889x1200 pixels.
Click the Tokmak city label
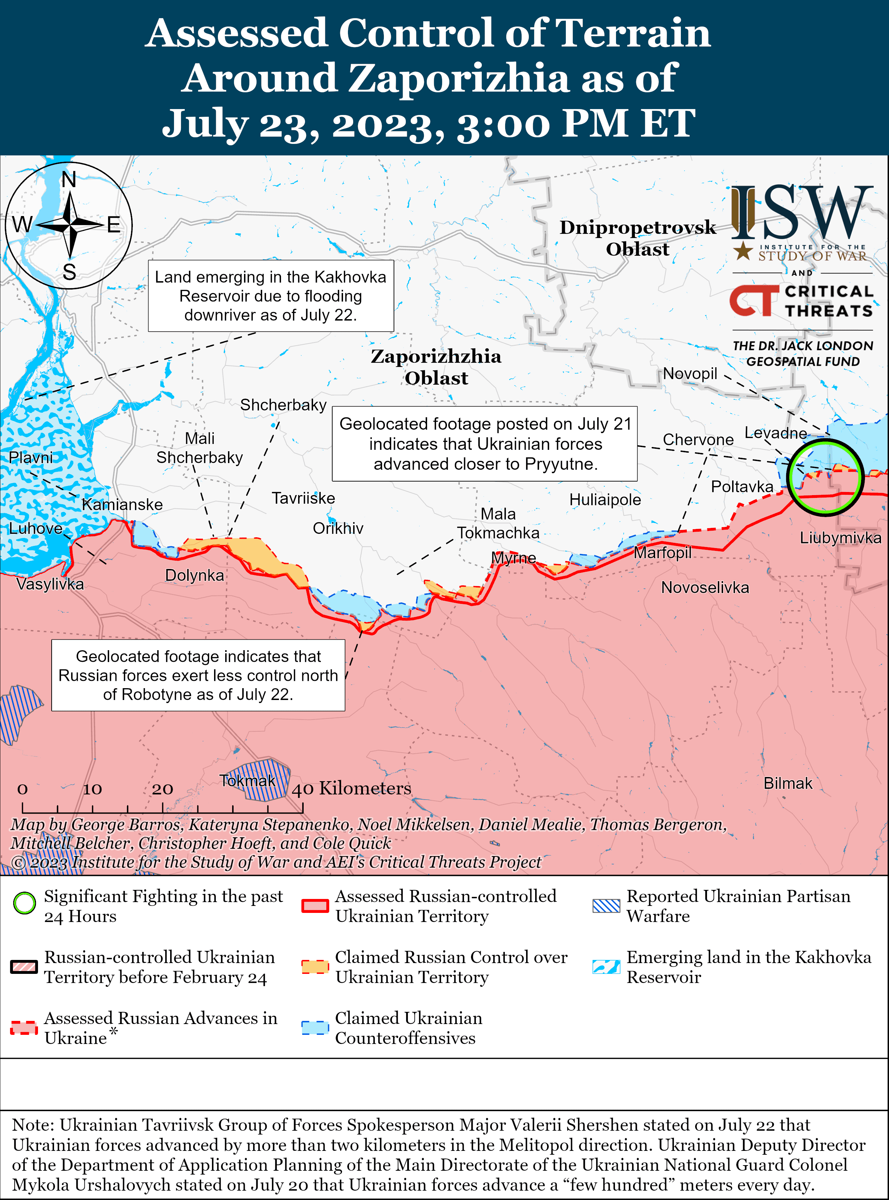(x=248, y=780)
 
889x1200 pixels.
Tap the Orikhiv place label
(x=338, y=528)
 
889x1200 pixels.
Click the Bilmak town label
(x=788, y=783)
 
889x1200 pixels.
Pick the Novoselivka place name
(x=705, y=587)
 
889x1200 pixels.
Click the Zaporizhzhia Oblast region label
(x=436, y=367)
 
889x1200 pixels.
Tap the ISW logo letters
(x=802, y=214)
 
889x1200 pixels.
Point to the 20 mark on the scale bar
(x=162, y=789)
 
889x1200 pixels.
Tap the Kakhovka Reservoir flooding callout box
(x=271, y=296)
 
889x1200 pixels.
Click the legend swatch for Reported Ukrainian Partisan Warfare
(x=606, y=906)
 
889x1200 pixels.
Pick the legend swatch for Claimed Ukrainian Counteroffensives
(x=315, y=1027)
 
